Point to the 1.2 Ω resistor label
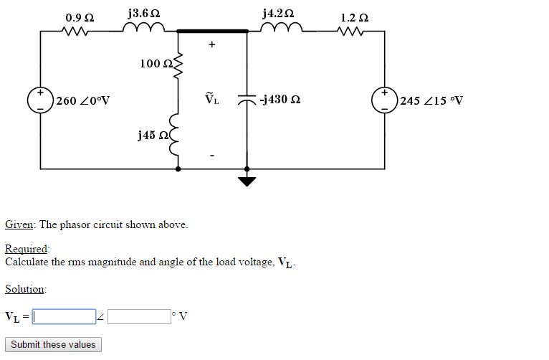click(355, 16)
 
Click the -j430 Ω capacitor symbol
click(247, 100)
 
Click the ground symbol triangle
click(247, 181)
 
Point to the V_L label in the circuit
click(211, 100)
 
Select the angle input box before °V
click(139, 316)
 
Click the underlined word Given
click(19, 224)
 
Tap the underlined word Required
click(27, 249)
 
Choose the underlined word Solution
click(25, 289)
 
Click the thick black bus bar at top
click(212, 31)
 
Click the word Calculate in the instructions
click(27, 262)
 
